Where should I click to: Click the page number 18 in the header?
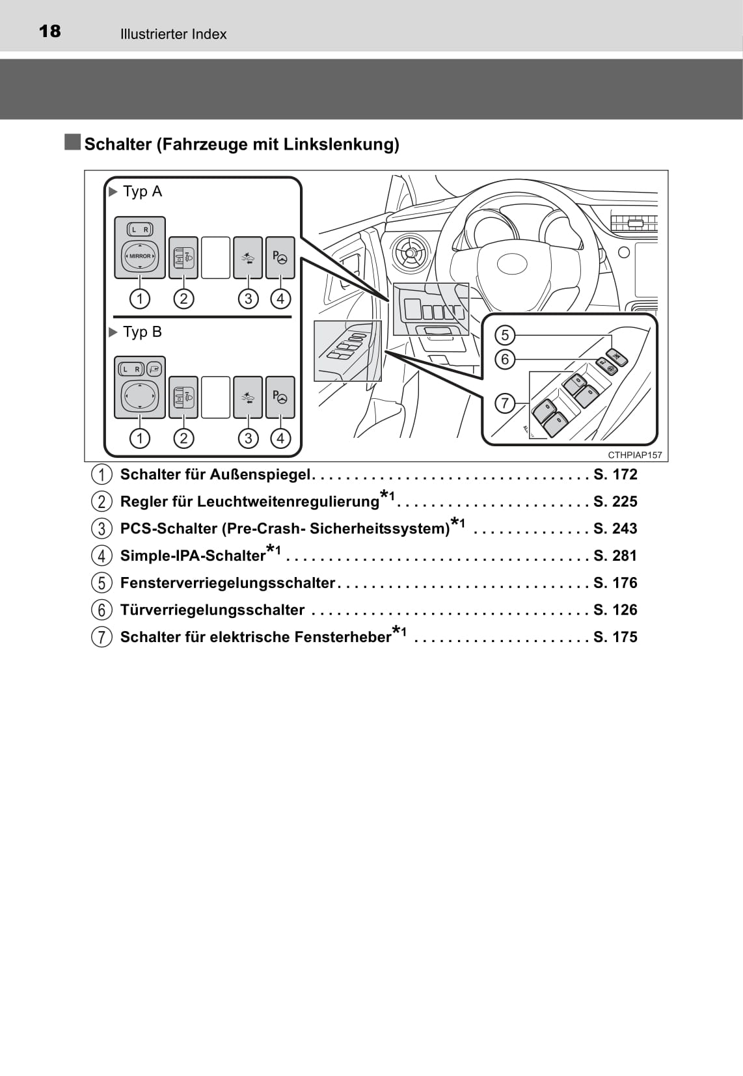49,32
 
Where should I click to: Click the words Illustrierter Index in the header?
173,34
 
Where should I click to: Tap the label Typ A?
142,192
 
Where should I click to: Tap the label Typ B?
142,332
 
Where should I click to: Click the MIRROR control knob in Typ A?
140,256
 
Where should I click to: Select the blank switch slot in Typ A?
215,257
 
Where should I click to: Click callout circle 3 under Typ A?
249,299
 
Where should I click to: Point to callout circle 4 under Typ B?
280,438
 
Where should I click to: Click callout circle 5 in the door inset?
505,335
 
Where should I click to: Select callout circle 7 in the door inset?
505,403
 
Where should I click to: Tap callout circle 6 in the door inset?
505,359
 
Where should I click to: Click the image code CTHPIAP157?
634,455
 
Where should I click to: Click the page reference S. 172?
615,475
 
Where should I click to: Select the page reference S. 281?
615,556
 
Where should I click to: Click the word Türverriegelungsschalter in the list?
212,610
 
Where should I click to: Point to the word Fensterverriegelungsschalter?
228,583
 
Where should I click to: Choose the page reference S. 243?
615,528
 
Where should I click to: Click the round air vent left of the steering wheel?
410,252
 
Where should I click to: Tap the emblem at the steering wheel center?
512,263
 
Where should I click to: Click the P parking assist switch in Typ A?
280,257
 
